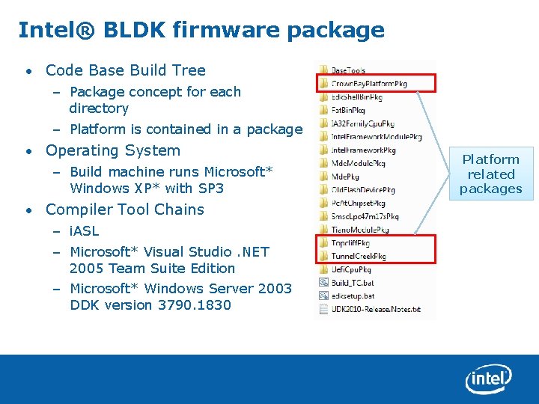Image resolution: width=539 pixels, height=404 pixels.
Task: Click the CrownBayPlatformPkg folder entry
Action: coord(369,84)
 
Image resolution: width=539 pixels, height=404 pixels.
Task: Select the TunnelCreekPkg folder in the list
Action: coord(359,256)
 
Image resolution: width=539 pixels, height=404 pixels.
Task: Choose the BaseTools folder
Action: coord(348,70)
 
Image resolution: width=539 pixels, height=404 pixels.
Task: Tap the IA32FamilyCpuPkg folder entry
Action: coord(362,123)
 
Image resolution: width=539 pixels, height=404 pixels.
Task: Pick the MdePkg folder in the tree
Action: coord(347,177)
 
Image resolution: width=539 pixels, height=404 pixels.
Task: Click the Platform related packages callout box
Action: coord(490,174)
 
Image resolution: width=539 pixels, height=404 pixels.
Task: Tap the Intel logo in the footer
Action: coord(488,380)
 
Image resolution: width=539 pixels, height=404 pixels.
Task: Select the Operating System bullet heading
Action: coord(112,150)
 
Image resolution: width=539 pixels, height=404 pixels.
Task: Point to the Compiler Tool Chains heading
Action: coord(124,209)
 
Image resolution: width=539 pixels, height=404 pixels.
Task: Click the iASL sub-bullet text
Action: coord(84,231)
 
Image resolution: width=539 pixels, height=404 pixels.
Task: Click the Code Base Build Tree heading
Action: coord(125,70)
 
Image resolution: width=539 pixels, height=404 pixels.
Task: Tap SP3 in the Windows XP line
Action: coord(209,188)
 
